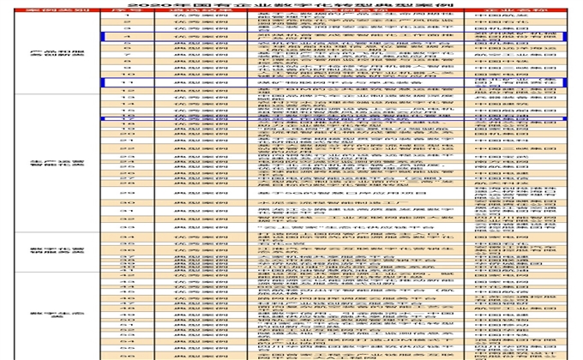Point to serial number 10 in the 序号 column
[126, 75]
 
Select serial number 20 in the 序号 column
[126, 134]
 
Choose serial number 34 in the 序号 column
[126, 236]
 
